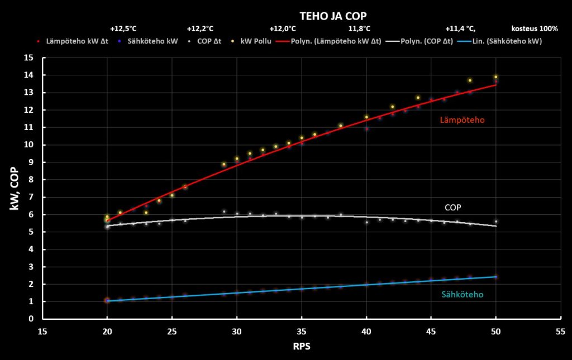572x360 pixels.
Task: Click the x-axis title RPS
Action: pos(301,346)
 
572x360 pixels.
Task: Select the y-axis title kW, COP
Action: pos(15,188)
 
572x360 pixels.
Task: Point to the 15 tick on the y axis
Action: pos(29,57)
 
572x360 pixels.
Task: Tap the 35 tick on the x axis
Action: pos(301,330)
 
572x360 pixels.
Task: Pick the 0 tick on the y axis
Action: pos(31,319)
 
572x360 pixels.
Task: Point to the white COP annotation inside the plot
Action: pos(452,207)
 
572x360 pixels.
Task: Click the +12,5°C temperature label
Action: pos(123,28)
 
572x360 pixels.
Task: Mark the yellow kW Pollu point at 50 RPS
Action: pos(495,77)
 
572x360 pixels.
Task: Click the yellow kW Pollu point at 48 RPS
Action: pos(470,80)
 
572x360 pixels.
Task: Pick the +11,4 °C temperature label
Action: pos(460,28)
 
